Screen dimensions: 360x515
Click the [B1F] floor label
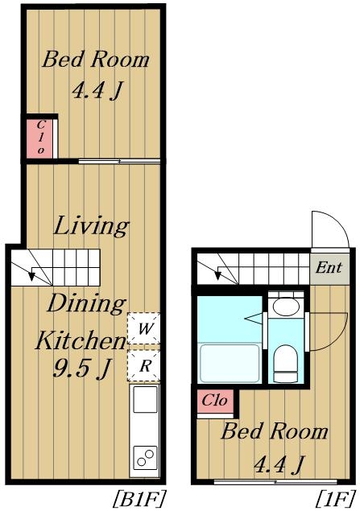click(x=139, y=499)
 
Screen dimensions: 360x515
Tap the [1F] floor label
click(x=335, y=499)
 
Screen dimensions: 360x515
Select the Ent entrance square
click(x=329, y=268)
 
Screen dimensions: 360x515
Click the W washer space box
click(x=144, y=328)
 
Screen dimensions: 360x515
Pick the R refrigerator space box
click(x=144, y=365)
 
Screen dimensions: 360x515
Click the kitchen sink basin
click(x=145, y=399)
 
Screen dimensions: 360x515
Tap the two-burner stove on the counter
click(x=145, y=458)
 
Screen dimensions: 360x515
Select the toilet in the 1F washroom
click(x=286, y=363)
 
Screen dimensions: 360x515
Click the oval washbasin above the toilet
click(x=287, y=307)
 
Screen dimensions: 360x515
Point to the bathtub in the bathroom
click(x=230, y=363)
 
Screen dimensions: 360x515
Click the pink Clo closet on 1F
click(x=215, y=401)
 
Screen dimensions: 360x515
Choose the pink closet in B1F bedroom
click(x=39, y=138)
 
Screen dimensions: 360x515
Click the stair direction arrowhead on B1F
click(x=31, y=276)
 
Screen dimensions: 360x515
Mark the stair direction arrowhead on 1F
click(x=217, y=275)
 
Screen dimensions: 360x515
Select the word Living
click(x=91, y=226)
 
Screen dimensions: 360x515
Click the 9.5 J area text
click(x=81, y=368)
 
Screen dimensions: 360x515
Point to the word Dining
click(x=87, y=304)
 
